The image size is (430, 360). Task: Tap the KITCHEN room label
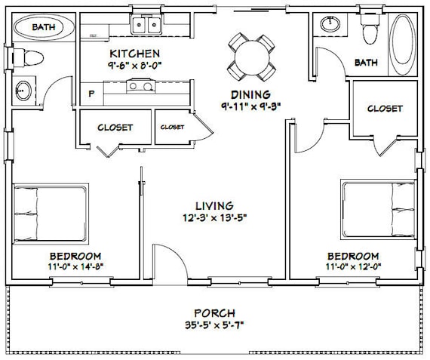(x=134, y=54)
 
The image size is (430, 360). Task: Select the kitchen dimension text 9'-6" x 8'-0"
(x=134, y=65)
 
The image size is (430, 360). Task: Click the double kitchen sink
(x=146, y=26)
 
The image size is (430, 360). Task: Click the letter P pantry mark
(x=92, y=95)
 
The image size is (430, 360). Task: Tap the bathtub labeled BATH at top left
(x=43, y=28)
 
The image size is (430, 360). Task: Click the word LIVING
(x=214, y=205)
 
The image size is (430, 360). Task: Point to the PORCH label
(x=213, y=312)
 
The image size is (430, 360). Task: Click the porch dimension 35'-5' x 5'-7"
(x=213, y=325)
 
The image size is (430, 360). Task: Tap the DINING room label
(x=242, y=93)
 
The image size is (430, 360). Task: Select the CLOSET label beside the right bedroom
(x=385, y=109)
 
